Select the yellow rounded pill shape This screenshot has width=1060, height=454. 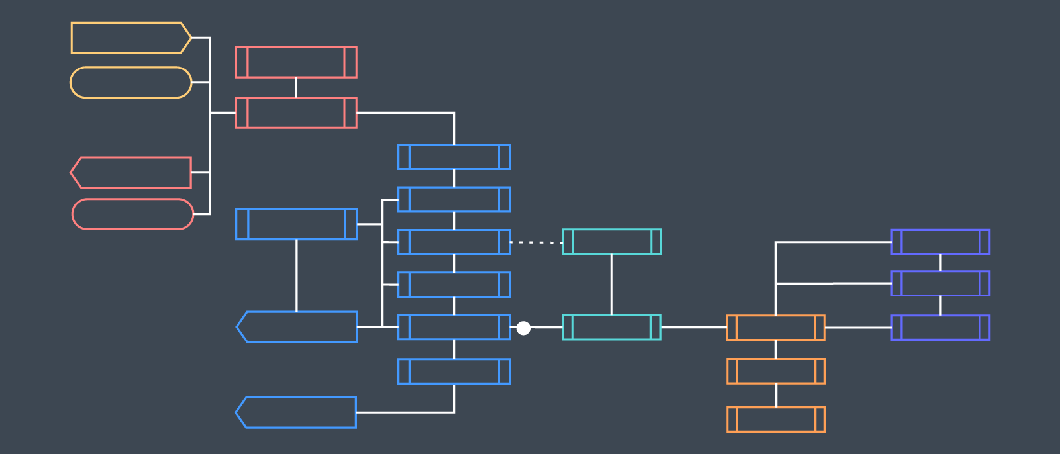131,83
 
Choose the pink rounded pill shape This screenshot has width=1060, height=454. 132,214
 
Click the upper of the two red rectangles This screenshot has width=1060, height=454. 295,62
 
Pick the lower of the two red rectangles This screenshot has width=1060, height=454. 295,113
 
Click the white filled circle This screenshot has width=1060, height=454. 523,328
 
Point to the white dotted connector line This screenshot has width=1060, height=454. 536,242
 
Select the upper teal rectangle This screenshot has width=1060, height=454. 611,242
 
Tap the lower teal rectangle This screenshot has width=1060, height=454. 611,328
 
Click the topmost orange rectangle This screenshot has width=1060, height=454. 776,328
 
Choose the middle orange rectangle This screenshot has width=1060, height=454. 776,371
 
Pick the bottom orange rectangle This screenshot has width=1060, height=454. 776,420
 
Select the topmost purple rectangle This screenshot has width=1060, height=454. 940,242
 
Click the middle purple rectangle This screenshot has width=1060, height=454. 940,283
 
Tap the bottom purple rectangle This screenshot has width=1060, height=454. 940,328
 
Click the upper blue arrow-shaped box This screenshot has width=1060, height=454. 297,327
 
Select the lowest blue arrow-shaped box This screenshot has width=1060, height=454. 296,412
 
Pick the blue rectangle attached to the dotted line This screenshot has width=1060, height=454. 454,242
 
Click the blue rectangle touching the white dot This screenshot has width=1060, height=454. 454,327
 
